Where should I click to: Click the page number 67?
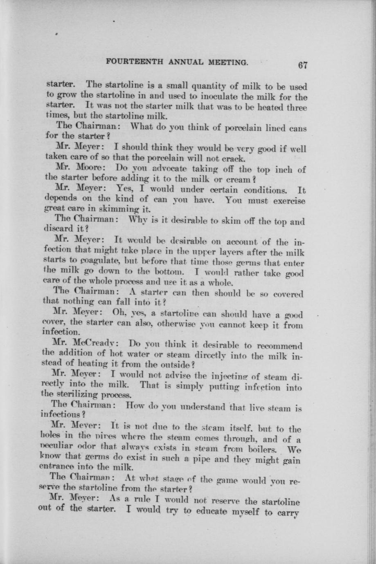click(303, 65)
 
